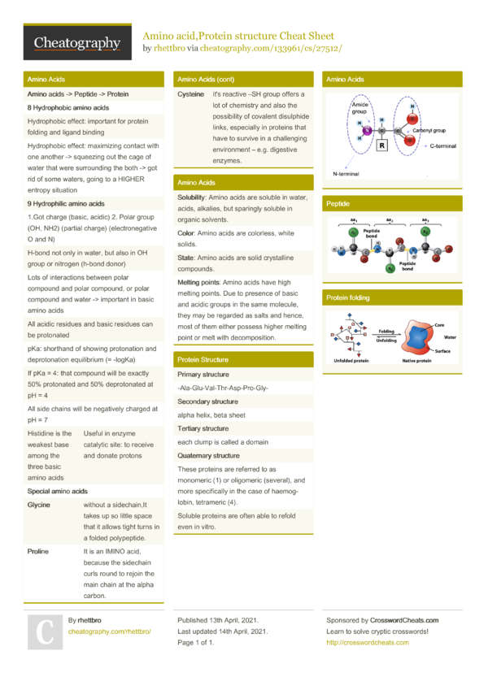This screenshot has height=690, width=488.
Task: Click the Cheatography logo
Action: tap(77, 42)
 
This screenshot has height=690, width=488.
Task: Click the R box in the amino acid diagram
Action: tap(381, 145)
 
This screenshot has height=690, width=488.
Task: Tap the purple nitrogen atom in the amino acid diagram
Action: tap(367, 130)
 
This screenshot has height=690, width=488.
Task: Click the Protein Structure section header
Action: tap(203, 359)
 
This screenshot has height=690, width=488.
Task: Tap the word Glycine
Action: tap(38, 505)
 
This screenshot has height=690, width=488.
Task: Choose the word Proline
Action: tap(37, 551)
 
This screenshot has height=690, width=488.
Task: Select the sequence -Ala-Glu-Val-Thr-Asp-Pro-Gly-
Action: tap(223, 388)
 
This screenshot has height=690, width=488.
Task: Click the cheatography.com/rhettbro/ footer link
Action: tap(110, 631)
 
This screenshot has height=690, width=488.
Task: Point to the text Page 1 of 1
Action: tap(196, 643)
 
